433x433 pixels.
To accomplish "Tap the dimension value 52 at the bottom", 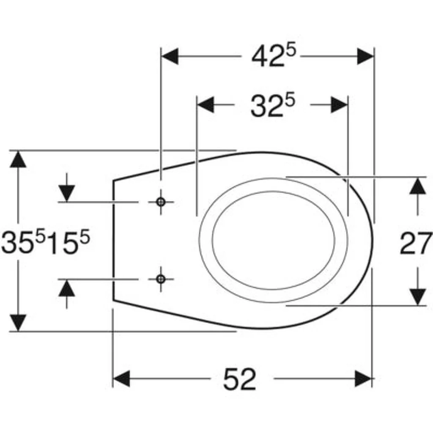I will [x=240, y=379].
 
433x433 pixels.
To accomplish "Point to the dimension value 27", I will [x=416, y=244].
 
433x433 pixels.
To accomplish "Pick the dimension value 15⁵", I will [x=68, y=243].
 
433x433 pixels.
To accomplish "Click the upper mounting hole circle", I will [x=160, y=202].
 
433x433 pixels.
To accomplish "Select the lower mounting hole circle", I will [x=160, y=279].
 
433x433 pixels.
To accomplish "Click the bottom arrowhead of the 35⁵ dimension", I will [x=18, y=323].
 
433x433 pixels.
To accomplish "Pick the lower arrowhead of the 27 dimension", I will [x=418, y=296].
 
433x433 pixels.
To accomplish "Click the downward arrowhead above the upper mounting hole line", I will [x=67, y=194].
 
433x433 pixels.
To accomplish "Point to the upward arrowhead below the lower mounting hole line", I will [x=67, y=288].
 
